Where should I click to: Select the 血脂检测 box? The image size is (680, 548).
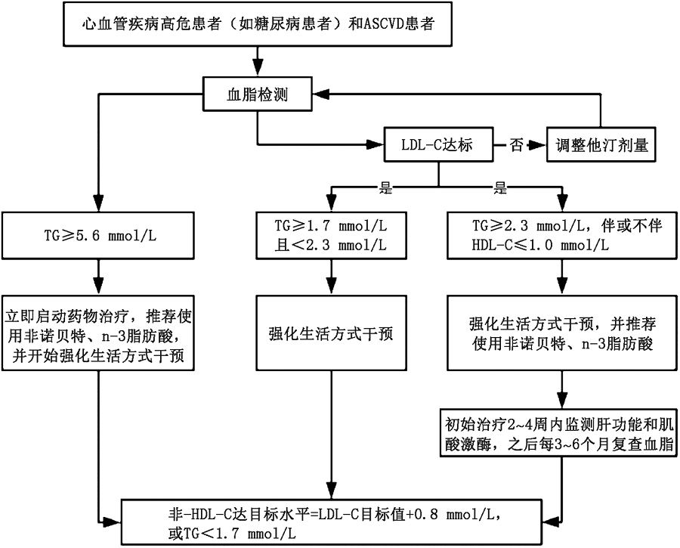point(258,95)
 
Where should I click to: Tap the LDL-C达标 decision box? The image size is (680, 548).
point(438,144)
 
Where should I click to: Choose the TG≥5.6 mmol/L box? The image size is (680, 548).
point(97,234)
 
